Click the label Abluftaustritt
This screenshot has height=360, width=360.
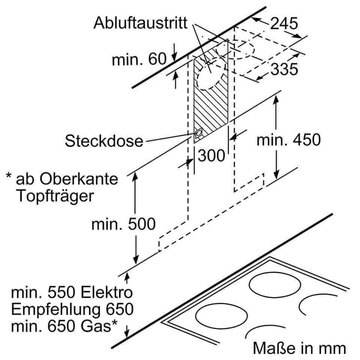coord(140,23)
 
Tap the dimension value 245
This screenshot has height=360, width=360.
coord(284,23)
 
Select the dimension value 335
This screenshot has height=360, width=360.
coord(285,69)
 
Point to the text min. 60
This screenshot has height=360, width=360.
coord(139,59)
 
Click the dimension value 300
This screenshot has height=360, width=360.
coord(211,156)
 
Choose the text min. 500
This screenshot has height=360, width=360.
coord(123,224)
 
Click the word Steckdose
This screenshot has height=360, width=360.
coord(104,141)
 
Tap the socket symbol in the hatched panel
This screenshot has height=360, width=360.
coord(199,133)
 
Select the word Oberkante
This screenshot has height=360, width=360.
coord(79,179)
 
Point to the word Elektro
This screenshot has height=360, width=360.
coord(107,292)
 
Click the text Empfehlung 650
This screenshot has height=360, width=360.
coord(72,309)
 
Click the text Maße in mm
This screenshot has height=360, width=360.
coord(299,348)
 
